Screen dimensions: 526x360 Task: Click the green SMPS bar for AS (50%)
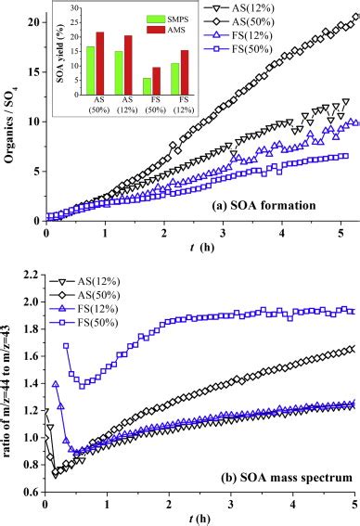click(90, 69)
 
